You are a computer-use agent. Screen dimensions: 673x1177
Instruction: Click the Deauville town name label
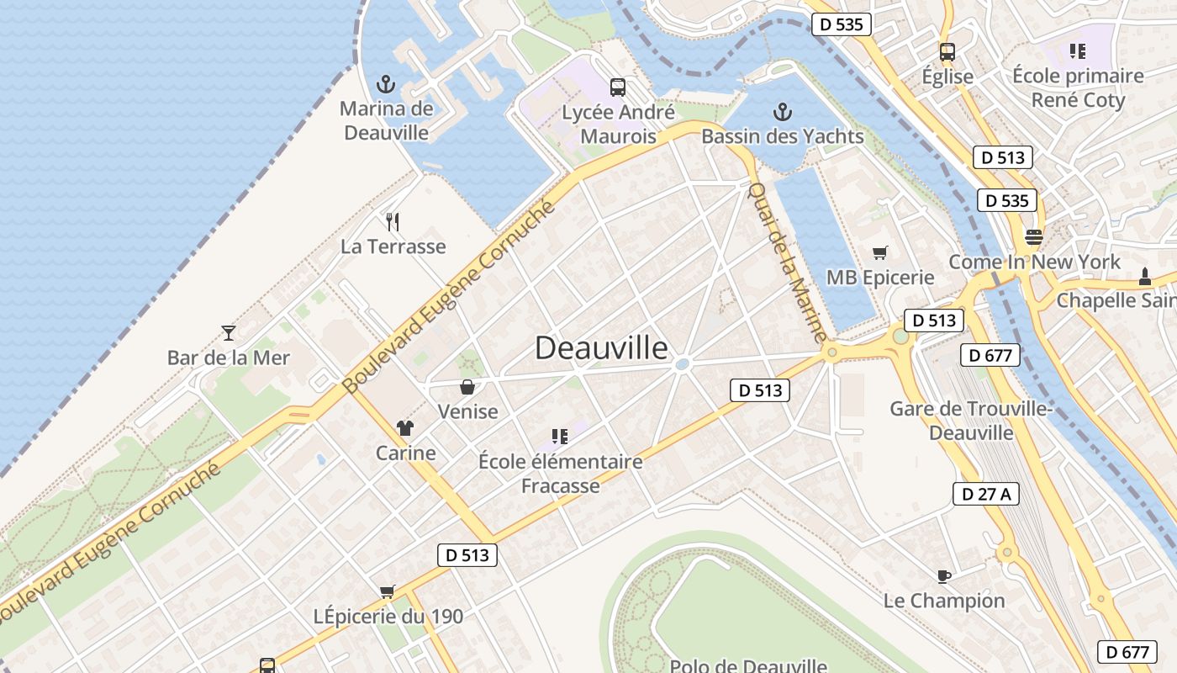tap(601, 347)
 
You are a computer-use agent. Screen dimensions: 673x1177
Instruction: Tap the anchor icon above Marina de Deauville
tap(385, 84)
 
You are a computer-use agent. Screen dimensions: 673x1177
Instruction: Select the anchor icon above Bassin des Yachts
tap(783, 112)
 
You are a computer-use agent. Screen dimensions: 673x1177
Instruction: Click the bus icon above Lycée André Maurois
tap(617, 87)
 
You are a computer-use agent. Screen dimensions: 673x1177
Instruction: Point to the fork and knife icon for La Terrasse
tap(392, 222)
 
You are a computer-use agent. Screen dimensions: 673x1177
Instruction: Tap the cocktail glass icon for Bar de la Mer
tap(228, 333)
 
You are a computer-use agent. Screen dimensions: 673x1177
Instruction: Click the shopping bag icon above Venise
tap(467, 387)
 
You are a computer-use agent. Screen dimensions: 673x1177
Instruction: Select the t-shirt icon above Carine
tap(406, 428)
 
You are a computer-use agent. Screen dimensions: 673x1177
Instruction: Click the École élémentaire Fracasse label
tap(561, 474)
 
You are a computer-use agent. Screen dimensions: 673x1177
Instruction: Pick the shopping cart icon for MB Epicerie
tap(880, 252)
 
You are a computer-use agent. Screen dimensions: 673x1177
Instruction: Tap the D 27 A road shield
tap(985, 494)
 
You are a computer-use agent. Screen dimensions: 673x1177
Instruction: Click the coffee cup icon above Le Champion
tap(943, 576)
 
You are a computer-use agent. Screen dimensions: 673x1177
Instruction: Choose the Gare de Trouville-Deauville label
tap(971, 421)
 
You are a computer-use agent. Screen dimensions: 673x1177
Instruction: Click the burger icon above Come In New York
tap(1033, 236)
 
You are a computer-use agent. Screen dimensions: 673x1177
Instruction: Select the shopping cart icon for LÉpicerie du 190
tap(387, 591)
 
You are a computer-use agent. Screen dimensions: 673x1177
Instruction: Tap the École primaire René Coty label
tap(1078, 87)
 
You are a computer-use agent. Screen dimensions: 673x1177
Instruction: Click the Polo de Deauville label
tap(747, 665)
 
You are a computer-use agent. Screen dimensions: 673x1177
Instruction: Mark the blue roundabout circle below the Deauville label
tap(683, 364)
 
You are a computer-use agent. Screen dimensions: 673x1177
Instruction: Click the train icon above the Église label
tap(947, 51)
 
